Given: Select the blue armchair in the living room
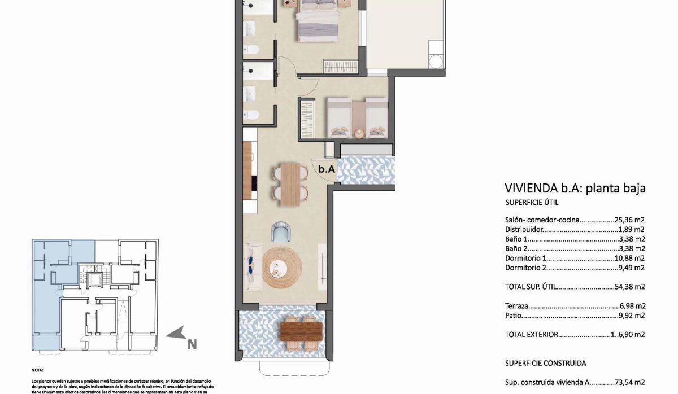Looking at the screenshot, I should click(281, 231).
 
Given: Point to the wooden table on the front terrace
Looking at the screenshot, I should click(302, 329).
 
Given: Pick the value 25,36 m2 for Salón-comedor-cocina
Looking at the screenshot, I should click(630, 220).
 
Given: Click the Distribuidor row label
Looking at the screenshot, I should click(524, 230).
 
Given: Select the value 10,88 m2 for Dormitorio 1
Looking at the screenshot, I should click(630, 258).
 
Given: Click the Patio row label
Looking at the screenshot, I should click(513, 316).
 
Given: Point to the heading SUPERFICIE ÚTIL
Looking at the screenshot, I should click(532, 203).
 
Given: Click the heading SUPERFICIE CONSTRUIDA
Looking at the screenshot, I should click(545, 363).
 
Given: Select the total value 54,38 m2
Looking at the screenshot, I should click(630, 287).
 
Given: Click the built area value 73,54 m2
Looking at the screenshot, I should click(630, 382).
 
